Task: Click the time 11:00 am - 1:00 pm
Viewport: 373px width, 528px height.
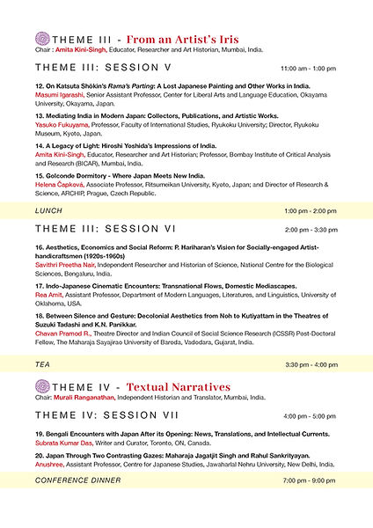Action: tap(308, 68)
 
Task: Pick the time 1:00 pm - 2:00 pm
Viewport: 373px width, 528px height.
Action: tap(311, 211)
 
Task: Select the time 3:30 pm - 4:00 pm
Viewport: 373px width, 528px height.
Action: tap(311, 364)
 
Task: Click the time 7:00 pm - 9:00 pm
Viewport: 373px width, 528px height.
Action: tap(311, 480)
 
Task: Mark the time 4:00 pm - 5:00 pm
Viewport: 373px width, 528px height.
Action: tap(311, 414)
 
